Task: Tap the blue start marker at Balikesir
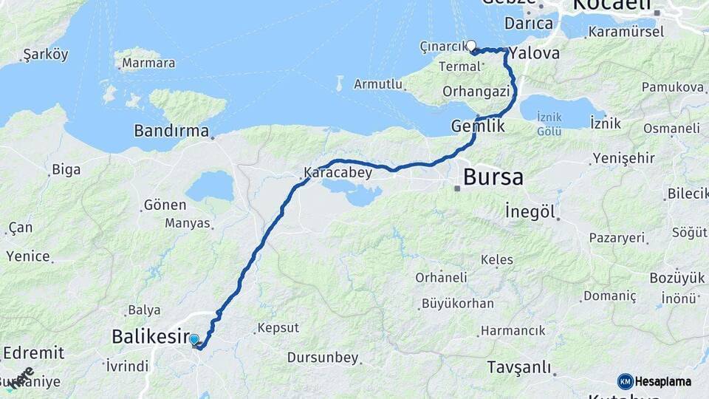[x=193, y=340]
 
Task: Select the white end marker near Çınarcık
[x=471, y=45]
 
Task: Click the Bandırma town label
[x=171, y=131]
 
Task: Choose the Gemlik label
[x=478, y=126]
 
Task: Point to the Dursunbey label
[x=323, y=358]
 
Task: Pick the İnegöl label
[x=530, y=211]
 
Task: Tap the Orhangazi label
[x=476, y=92]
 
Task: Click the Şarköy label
[x=45, y=54]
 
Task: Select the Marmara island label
[x=148, y=63]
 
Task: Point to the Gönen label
[x=165, y=205]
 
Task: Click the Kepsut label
[x=278, y=327]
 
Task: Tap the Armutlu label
[x=378, y=84]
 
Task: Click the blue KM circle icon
[x=625, y=381]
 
